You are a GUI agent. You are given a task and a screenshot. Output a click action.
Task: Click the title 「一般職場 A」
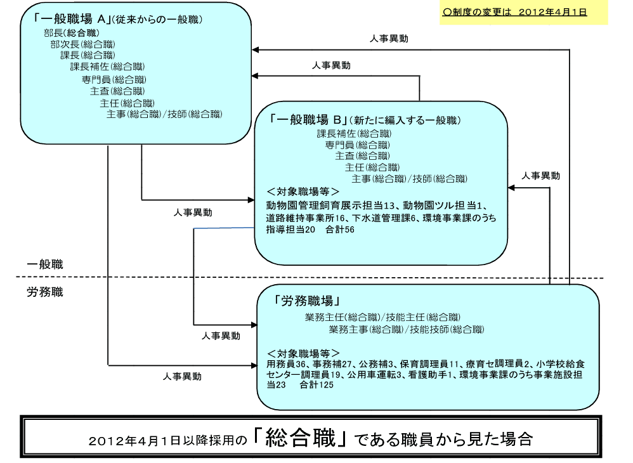[69, 18]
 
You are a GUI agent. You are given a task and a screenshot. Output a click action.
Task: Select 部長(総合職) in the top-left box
[72, 33]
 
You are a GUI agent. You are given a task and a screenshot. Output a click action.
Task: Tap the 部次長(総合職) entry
[82, 44]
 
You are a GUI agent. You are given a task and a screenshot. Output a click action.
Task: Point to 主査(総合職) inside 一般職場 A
[117, 91]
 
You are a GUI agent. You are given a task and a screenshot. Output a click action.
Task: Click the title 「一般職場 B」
[310, 119]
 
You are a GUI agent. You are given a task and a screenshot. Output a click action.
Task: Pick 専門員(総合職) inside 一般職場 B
[358, 145]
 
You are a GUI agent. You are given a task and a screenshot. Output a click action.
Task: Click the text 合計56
[340, 230]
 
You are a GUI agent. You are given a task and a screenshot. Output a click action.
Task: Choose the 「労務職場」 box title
[306, 301]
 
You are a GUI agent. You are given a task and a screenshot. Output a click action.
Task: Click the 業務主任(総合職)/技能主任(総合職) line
[382, 317]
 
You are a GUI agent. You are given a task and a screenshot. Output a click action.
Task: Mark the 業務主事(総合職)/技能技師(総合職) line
[406, 329]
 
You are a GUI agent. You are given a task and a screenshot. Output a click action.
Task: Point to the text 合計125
[316, 385]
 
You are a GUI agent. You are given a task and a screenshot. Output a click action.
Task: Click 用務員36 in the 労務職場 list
[286, 364]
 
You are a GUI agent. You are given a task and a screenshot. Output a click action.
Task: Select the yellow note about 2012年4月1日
[523, 13]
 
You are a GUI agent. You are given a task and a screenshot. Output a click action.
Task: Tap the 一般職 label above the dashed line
[45, 264]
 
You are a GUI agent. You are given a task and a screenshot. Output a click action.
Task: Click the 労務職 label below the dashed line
[45, 292]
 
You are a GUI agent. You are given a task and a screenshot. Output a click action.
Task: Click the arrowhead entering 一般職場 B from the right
[511, 188]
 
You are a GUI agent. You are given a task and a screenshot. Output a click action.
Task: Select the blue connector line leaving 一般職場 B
[224, 228]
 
